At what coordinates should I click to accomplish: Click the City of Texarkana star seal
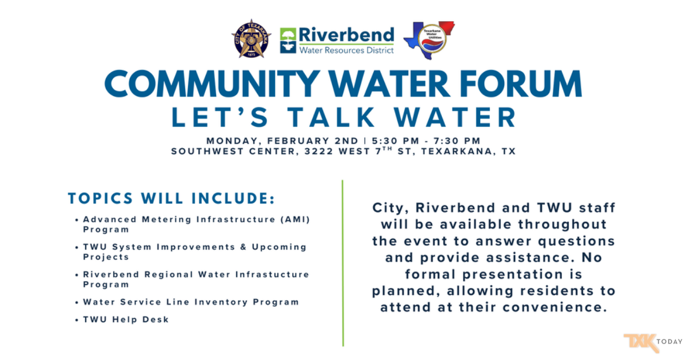[x=251, y=39]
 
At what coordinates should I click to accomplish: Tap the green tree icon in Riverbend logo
[x=288, y=41]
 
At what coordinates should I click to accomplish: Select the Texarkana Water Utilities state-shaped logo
[x=429, y=40]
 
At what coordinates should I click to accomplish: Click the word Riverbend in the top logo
[x=346, y=35]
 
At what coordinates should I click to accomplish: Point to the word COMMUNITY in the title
[x=212, y=84]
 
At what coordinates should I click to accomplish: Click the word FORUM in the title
[x=521, y=84]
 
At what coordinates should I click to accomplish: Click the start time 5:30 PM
[x=396, y=141]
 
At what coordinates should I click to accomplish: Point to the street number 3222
[x=318, y=151]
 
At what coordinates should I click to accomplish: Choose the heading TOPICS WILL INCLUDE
[x=171, y=198]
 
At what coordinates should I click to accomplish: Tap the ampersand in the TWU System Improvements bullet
[x=244, y=247]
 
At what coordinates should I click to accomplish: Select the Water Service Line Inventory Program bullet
[x=191, y=302]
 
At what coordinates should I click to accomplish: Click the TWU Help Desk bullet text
[x=126, y=319]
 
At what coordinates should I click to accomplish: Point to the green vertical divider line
[x=342, y=263]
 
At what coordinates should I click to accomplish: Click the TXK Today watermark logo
[x=653, y=342]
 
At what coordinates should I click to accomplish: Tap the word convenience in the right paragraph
[x=555, y=307]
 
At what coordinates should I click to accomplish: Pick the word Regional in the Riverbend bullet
[x=169, y=275]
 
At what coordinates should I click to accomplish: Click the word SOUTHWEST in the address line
[x=207, y=151]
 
